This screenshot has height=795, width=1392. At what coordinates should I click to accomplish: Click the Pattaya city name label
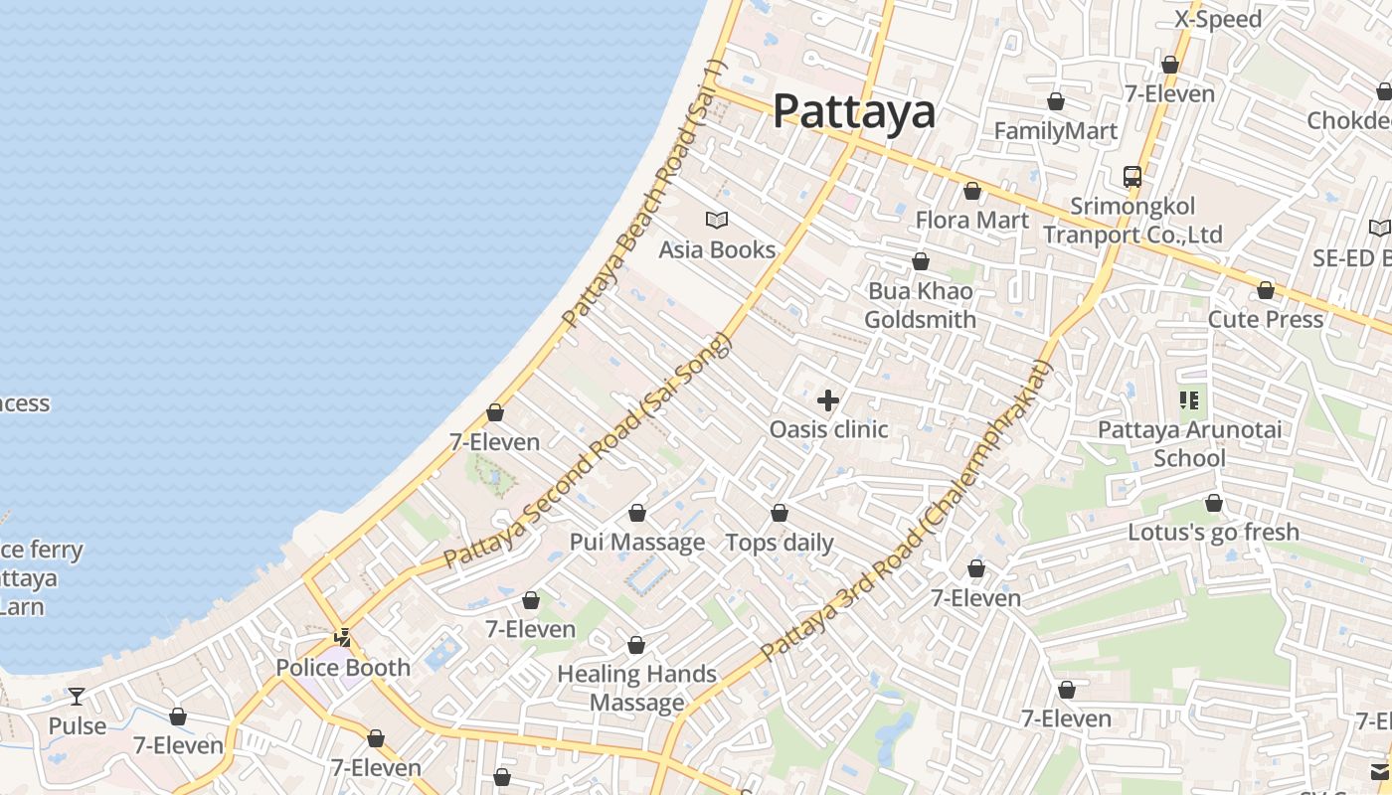pyautogui.click(x=854, y=111)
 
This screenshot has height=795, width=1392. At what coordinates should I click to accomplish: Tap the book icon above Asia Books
pyautogui.click(x=716, y=220)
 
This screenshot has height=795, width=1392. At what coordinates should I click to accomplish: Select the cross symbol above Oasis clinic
pyautogui.click(x=827, y=400)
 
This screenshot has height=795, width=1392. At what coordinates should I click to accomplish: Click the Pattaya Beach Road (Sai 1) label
pyautogui.click(x=645, y=195)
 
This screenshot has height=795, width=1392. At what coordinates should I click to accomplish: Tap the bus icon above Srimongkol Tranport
pyautogui.click(x=1131, y=177)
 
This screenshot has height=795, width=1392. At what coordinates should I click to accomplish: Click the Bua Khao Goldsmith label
pyautogui.click(x=920, y=305)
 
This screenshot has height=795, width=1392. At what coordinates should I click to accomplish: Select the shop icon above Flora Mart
pyautogui.click(x=972, y=191)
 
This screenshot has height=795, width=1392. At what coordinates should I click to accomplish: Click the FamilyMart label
pyautogui.click(x=1056, y=131)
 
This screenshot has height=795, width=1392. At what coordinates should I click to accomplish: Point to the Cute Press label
pyautogui.click(x=1265, y=319)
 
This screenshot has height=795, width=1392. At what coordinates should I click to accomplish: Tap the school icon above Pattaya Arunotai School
pyautogui.click(x=1189, y=400)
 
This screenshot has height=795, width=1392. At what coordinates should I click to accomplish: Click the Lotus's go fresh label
pyautogui.click(x=1213, y=532)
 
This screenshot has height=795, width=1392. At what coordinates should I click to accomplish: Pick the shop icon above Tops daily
pyautogui.click(x=780, y=513)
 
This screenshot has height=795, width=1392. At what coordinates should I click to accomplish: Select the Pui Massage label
pyautogui.click(x=636, y=542)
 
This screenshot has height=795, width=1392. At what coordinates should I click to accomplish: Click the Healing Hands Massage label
pyautogui.click(x=636, y=688)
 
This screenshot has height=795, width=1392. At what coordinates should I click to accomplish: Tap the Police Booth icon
pyautogui.click(x=343, y=638)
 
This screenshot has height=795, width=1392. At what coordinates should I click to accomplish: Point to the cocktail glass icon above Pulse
pyautogui.click(x=77, y=696)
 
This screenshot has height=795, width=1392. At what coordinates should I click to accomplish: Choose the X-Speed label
pyautogui.click(x=1218, y=19)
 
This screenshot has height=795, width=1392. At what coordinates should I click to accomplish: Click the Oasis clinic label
pyautogui.click(x=828, y=429)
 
